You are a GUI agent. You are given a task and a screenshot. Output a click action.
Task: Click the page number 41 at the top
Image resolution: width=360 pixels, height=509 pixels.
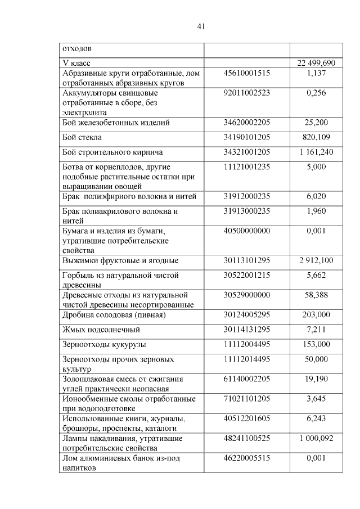pos(202,26)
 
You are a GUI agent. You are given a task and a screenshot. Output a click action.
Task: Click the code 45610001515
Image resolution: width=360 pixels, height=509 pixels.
pos(247,73)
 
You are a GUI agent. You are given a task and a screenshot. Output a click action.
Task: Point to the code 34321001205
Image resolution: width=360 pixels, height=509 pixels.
pos(247,152)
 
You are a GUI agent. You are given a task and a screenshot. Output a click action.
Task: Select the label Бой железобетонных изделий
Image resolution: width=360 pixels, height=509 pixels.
pos(115,122)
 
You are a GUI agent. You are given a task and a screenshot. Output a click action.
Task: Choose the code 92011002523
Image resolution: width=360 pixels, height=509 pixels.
pos(247,93)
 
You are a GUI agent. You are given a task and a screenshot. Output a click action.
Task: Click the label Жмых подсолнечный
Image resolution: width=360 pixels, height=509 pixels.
pos(101,330)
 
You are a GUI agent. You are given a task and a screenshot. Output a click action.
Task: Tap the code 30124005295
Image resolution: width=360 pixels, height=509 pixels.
pos(247,314)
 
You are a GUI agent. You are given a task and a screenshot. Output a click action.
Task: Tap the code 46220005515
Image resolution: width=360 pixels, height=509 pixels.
pos(247,458)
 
